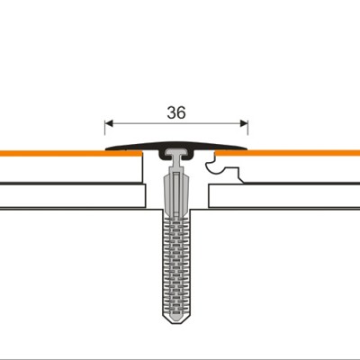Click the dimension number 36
tap(176, 112)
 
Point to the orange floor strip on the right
tap(297, 154)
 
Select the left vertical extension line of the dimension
tap(105, 130)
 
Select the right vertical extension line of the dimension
tap(247, 130)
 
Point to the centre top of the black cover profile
tap(176, 142)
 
